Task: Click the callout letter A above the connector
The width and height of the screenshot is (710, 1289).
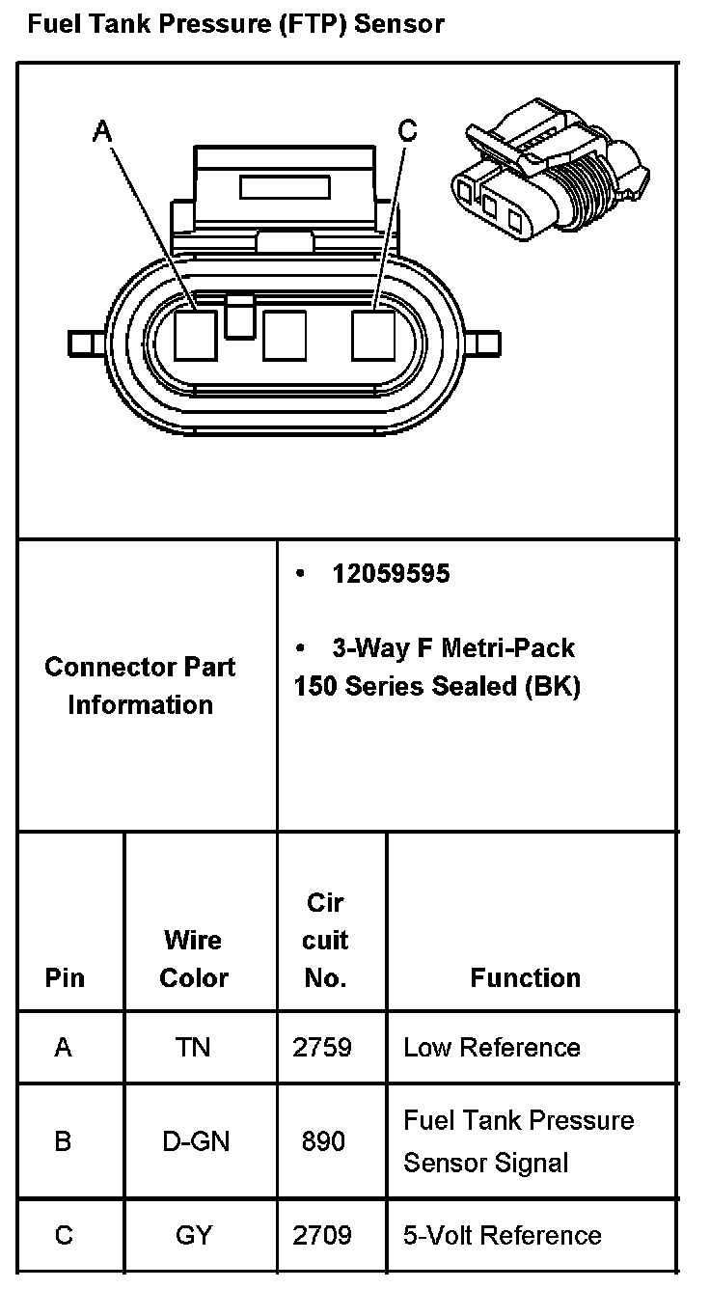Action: tap(101, 131)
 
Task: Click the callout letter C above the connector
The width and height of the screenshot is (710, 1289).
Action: tap(408, 130)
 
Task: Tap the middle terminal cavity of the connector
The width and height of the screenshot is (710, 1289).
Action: tap(285, 335)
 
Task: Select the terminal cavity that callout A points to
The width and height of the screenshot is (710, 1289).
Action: tap(196, 335)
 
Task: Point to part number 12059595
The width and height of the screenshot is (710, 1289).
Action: tap(391, 573)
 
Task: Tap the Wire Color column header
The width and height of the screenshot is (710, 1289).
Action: tap(193, 958)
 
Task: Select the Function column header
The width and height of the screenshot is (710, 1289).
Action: tap(525, 977)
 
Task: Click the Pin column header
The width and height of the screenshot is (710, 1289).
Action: tap(65, 977)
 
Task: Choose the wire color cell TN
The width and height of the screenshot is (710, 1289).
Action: tap(193, 1047)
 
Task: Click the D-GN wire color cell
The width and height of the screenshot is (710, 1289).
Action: tap(193, 1141)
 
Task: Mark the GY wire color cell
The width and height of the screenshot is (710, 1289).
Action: tap(193, 1235)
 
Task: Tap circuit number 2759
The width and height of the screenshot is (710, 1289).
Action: tap(323, 1047)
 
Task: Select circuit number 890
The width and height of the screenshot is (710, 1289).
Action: tap(323, 1141)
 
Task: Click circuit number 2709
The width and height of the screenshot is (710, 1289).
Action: tap(323, 1235)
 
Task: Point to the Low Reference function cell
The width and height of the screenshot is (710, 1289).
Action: tap(492, 1047)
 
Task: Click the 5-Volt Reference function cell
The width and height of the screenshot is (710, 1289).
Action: tap(502, 1235)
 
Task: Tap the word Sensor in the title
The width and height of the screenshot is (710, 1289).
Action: tap(399, 23)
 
